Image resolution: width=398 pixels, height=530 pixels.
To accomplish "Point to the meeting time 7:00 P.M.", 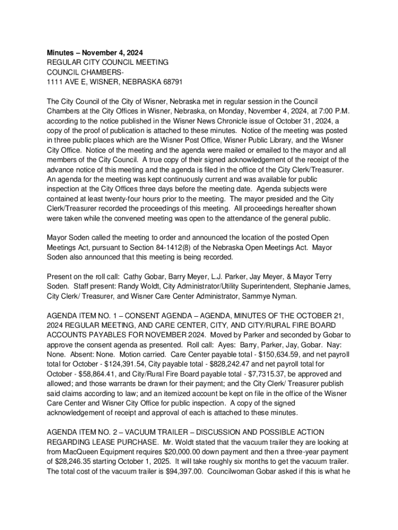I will point(319,111).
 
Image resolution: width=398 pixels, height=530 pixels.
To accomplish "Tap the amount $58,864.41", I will point(101,374).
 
